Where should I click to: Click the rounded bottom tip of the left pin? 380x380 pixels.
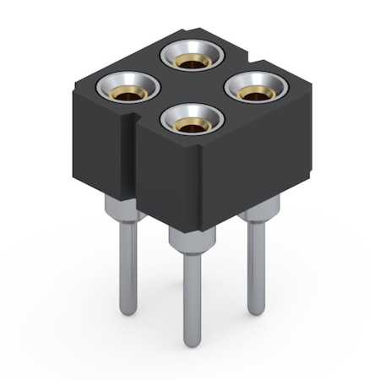tap(128, 311)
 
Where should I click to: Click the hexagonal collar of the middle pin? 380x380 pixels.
tap(190, 241)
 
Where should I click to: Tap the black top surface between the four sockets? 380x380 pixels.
tap(190, 89)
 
